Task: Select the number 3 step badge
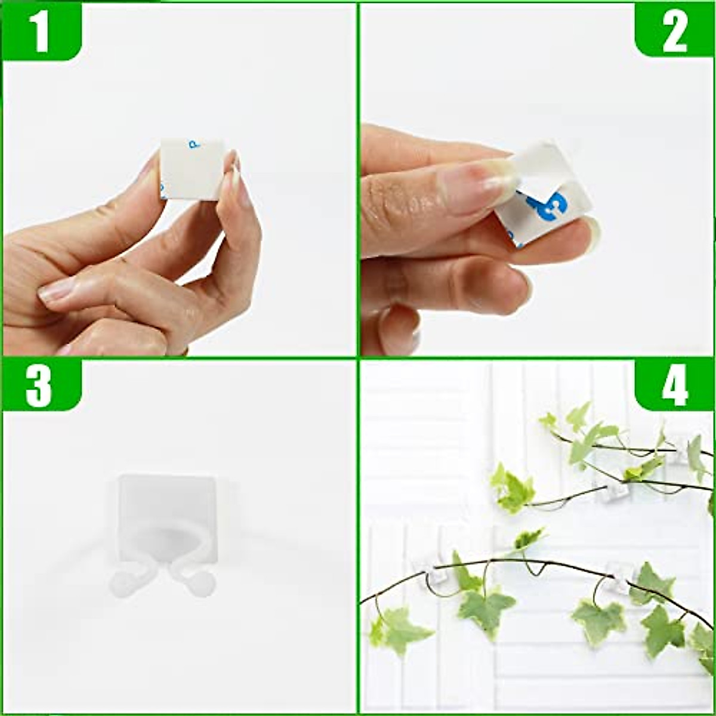pyautogui.click(x=39, y=387)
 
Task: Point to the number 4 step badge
pyautogui.click(x=675, y=387)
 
